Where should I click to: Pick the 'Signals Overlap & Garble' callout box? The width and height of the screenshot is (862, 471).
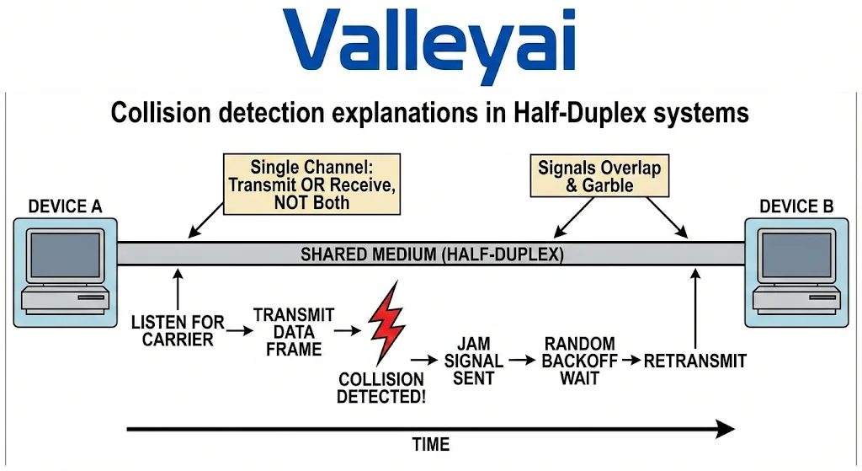tap(599, 176)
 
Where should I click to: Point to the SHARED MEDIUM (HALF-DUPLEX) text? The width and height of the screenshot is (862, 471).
tap(432, 254)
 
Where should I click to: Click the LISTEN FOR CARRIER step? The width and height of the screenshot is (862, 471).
tap(178, 330)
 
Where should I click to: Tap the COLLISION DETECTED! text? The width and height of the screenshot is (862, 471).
tap(380, 387)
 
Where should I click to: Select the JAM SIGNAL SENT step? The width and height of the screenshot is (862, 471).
tap(473, 361)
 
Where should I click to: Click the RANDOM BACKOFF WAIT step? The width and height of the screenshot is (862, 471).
tap(579, 361)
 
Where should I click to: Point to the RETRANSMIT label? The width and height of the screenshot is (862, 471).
tap(694, 361)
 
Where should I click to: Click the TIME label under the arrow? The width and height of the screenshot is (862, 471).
tap(430, 445)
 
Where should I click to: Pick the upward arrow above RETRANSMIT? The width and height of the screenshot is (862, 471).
tap(695, 308)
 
